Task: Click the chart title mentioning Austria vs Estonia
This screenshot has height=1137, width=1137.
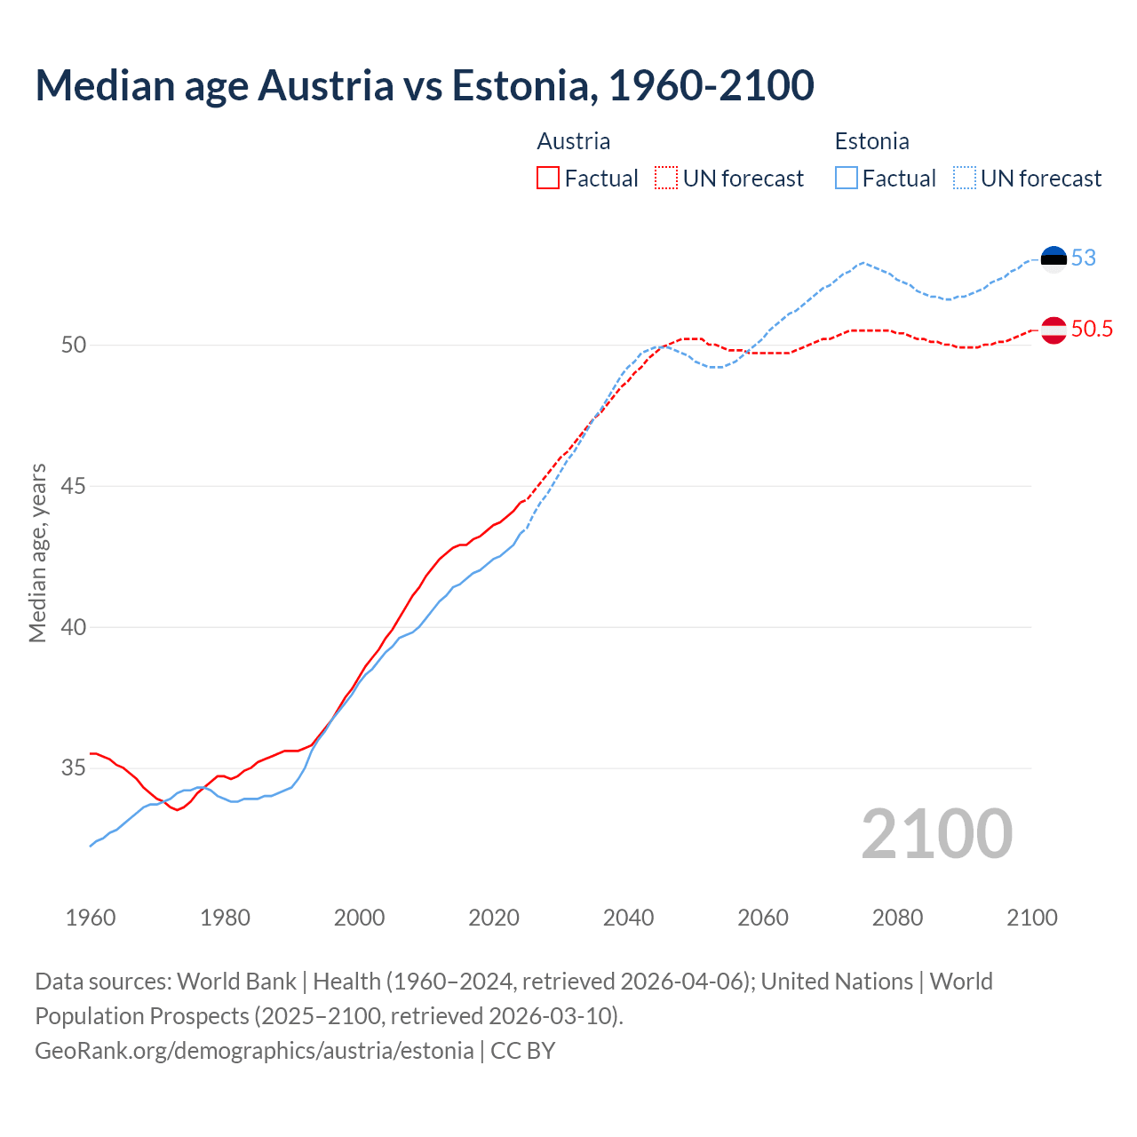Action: point(425,85)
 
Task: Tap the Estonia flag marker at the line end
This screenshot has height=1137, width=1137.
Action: point(1054,258)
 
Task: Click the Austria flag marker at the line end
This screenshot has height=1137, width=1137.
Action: point(1054,330)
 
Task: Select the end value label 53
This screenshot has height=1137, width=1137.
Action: point(1084,258)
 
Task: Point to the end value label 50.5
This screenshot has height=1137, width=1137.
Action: point(1092,329)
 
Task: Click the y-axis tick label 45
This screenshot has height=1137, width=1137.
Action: point(74,486)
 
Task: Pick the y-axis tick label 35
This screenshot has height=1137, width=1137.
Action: point(74,767)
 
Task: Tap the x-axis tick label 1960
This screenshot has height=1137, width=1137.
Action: point(91,918)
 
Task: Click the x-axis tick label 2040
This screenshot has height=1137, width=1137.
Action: point(628,918)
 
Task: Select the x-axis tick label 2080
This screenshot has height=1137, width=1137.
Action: point(897,918)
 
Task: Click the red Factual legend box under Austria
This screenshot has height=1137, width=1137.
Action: point(548,179)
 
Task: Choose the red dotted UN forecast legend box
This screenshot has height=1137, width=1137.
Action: point(666,179)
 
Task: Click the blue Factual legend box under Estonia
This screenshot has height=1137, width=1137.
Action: point(847,179)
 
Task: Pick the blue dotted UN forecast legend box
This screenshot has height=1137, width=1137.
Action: point(965,179)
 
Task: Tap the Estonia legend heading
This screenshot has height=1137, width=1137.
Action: point(871,141)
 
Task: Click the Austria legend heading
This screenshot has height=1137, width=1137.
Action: point(573,141)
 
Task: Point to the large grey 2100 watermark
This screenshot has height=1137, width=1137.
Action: point(936,833)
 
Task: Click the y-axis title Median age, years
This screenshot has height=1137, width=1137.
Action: point(37,553)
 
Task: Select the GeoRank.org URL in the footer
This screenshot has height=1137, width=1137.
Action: point(254,1051)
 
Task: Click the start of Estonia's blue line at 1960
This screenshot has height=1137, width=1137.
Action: point(91,845)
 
